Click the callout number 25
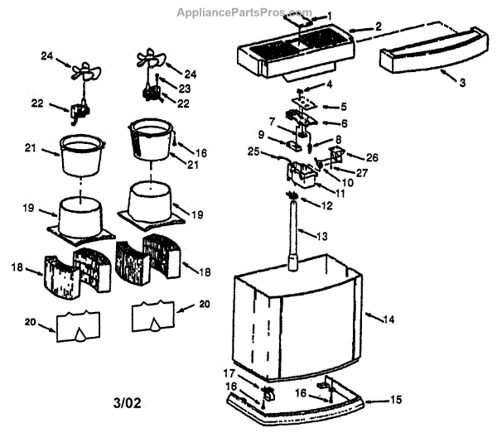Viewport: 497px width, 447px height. click(x=253, y=152)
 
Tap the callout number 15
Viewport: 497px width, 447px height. click(x=395, y=399)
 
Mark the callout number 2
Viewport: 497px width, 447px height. click(x=377, y=26)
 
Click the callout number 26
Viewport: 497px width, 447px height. click(x=372, y=156)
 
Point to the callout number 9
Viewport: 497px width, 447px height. click(x=261, y=133)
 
